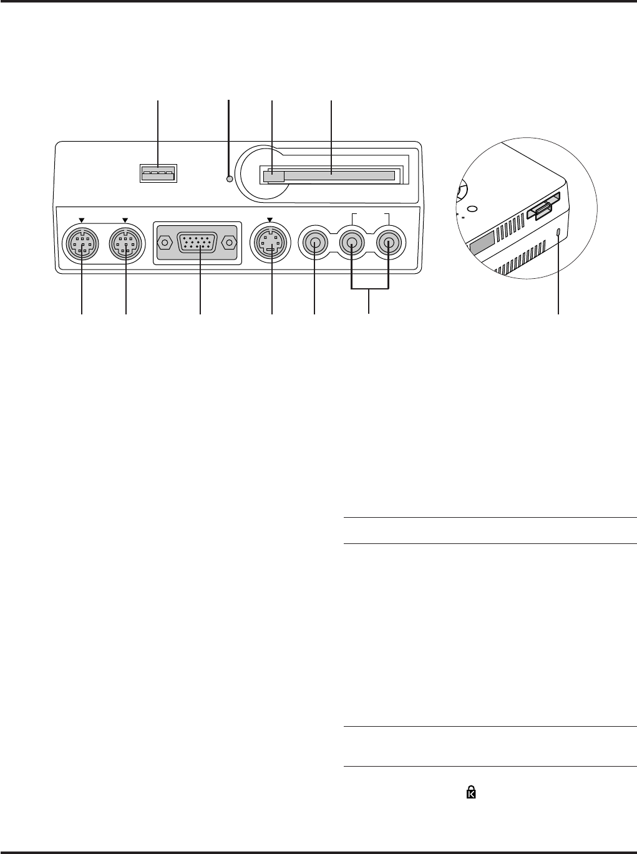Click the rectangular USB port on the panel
click(158, 173)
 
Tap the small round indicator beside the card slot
click(230, 179)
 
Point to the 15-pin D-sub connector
click(197, 242)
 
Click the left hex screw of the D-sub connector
click(164, 242)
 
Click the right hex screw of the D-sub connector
click(230, 242)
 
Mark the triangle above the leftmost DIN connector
click(81, 220)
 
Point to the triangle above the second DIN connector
click(125, 220)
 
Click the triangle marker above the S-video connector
click(270, 220)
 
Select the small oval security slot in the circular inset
click(558, 233)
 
